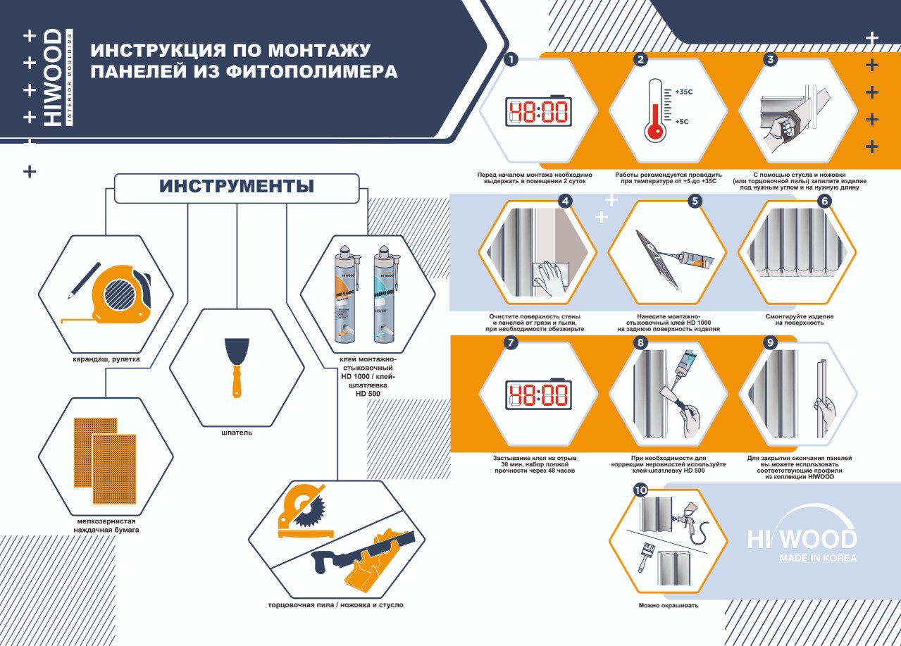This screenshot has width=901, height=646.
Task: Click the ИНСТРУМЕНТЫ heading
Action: point(237,186)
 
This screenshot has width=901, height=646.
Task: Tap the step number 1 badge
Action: point(511,60)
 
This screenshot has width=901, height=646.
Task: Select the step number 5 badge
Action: point(695,201)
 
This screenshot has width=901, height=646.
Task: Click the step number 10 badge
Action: point(641,490)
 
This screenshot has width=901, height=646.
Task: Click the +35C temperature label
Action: point(684,92)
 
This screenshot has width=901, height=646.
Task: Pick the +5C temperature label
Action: point(681,121)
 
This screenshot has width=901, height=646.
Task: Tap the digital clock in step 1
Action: point(539,111)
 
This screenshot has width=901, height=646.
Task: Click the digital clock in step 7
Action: point(539,394)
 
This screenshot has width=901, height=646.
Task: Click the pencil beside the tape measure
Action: point(84,281)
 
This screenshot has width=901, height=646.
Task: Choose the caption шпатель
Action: point(237,433)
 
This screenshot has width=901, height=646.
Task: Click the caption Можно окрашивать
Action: point(669,605)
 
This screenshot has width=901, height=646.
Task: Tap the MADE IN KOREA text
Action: point(818,559)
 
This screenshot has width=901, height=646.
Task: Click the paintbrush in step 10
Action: point(645,557)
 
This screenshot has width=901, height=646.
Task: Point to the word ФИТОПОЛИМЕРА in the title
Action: point(312,72)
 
